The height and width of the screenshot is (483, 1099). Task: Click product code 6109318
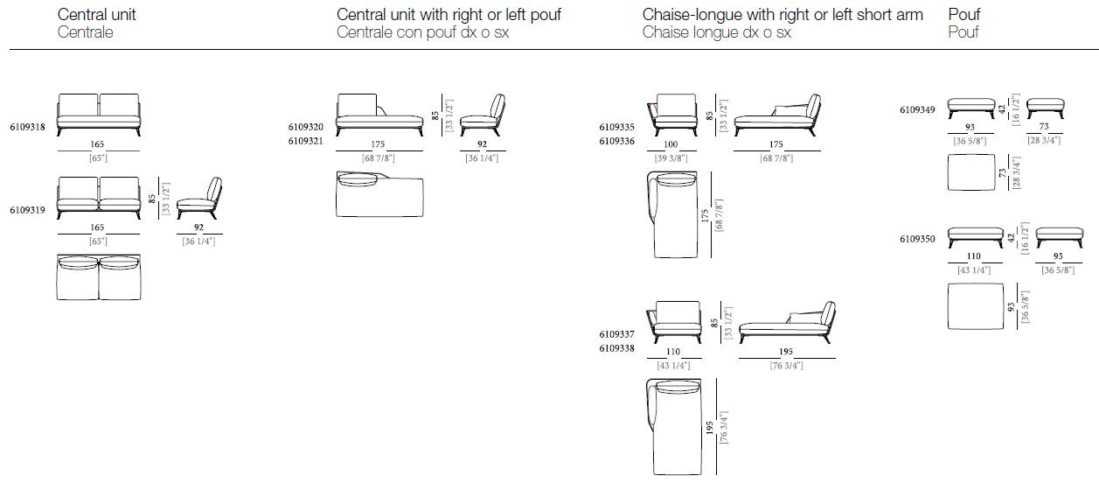[27, 127]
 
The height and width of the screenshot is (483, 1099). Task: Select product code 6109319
[27, 210]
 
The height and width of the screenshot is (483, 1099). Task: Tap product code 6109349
[917, 110]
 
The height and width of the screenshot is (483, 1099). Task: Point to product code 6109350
[917, 239]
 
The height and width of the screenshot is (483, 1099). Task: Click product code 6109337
[616, 334]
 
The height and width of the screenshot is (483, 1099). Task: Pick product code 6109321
[306, 142]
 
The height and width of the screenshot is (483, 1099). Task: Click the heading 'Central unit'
[97, 15]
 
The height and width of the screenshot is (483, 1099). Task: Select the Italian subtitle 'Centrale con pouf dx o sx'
[422, 32]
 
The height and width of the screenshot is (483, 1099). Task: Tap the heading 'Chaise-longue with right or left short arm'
[783, 15]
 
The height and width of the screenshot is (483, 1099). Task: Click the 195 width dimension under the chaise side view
[786, 352]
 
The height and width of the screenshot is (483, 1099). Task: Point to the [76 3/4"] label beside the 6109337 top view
[724, 428]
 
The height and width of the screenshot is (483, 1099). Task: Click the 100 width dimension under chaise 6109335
[671, 144]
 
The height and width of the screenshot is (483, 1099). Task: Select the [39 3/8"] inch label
[671, 158]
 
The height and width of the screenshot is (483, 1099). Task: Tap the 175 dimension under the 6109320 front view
[378, 144]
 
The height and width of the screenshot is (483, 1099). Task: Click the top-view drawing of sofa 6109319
[99, 276]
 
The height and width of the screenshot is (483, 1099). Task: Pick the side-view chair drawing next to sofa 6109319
[199, 198]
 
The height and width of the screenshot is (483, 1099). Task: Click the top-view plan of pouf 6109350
[976, 305]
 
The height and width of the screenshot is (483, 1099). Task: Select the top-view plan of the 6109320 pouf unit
[379, 194]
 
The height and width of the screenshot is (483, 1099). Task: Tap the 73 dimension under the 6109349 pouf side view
[1044, 127]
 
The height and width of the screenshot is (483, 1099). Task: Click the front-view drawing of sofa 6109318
[99, 115]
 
